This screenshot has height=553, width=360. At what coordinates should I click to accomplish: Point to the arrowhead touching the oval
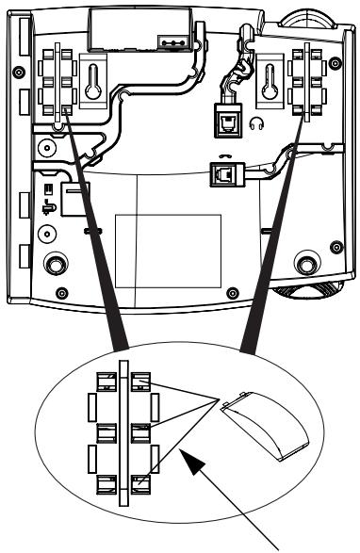point(191,459)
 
